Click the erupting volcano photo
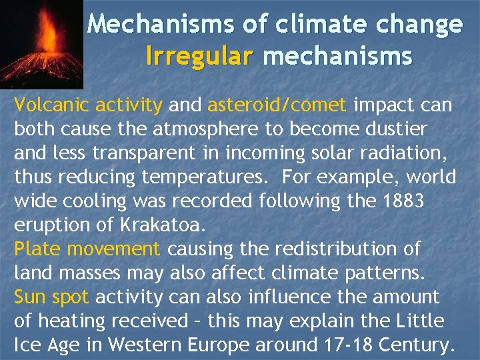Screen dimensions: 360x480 coord(41,44)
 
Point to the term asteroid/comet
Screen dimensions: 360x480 coord(277,105)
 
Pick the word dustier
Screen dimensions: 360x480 coord(395,129)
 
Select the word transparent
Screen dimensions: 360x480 coord(157,153)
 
